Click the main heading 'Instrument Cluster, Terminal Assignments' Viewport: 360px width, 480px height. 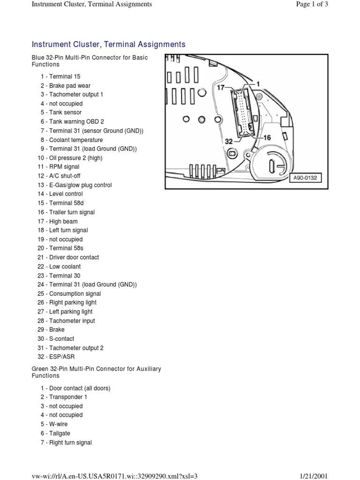[108, 45]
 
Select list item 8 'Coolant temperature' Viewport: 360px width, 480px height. [71, 140]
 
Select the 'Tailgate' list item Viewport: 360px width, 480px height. [55, 434]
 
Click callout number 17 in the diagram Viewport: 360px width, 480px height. [221, 88]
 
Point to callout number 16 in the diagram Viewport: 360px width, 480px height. [267, 138]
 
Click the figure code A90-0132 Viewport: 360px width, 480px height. [305, 178]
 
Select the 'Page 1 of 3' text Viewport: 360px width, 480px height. [311, 4]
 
